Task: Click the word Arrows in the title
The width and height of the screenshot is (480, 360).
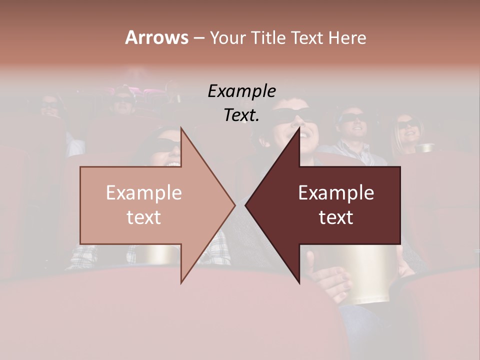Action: coord(156,37)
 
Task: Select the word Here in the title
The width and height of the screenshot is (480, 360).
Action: coord(347,37)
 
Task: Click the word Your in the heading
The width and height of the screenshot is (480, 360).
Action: coord(228,37)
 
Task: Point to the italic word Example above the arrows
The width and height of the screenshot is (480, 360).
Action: coord(241,91)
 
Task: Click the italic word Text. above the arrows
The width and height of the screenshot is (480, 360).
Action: coord(241,115)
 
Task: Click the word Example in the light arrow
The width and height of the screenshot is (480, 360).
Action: coord(143,193)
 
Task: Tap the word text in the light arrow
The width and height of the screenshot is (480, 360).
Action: coord(143,217)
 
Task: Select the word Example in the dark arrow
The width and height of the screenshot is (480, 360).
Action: coord(336,193)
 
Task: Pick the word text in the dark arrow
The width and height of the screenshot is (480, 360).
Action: coord(336,217)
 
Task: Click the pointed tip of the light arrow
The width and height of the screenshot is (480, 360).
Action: coord(234,205)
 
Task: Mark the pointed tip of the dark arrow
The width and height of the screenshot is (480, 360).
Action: coord(246,205)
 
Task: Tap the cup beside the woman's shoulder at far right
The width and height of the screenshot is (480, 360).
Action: coord(425,147)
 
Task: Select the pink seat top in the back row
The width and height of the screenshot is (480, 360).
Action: coord(150,92)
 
